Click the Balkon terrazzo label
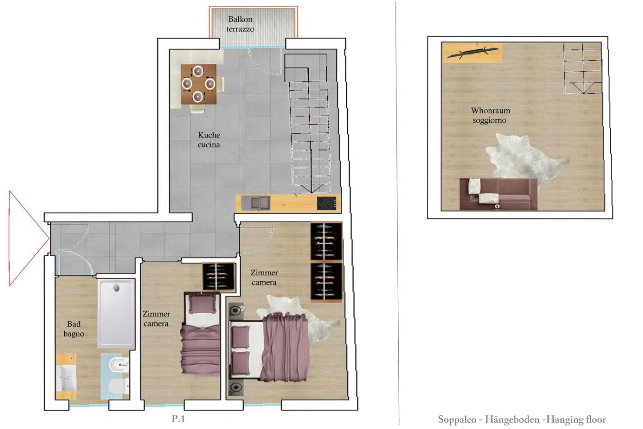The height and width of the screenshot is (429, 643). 240,24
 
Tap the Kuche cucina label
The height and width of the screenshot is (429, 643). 209,140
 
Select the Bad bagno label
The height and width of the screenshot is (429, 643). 74,329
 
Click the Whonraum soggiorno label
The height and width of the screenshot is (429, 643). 491,115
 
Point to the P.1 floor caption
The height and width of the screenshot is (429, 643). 178,419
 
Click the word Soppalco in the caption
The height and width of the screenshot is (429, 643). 456,419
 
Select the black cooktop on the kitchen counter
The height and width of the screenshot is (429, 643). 327,203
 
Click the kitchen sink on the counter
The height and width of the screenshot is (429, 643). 255,203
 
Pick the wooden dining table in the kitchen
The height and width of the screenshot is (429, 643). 198,84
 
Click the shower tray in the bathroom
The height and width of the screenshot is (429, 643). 116,314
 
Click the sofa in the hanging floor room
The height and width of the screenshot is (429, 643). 498,194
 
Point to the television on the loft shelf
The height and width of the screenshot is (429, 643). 473,53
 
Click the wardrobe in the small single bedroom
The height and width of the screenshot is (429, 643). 219,276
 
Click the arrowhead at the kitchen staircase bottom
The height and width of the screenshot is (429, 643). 311,189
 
